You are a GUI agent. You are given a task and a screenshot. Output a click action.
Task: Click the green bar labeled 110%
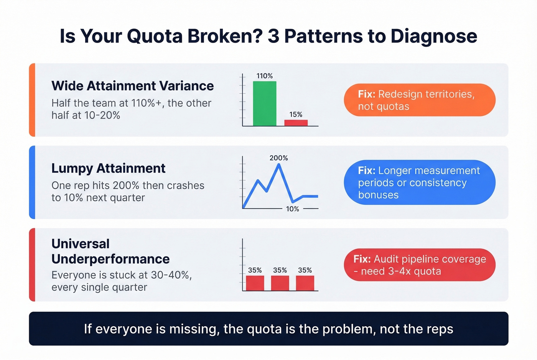265,104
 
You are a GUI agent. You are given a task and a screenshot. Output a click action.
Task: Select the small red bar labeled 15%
296,123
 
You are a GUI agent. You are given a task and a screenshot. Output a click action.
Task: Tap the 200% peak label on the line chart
278,158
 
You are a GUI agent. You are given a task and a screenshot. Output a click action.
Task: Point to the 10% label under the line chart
292,209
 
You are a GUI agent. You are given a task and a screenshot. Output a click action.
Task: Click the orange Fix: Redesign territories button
419,100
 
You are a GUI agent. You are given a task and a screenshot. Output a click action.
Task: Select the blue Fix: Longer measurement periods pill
419,182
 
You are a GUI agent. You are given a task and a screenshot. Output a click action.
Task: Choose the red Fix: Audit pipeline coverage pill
419,265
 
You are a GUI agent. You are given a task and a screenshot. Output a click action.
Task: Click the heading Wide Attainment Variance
132,86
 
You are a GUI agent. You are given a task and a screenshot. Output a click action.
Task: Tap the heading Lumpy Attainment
108,168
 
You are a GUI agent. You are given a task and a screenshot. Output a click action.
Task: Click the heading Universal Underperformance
110,252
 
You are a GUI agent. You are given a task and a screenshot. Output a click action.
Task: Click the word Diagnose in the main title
434,36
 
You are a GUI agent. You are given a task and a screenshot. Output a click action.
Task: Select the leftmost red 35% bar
255,283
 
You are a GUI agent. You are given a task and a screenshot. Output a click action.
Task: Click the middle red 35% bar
280,283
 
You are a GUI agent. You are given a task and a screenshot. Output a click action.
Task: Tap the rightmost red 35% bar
305,283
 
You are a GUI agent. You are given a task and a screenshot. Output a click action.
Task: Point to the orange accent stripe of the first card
32,100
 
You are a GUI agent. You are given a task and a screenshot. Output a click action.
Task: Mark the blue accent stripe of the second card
32,182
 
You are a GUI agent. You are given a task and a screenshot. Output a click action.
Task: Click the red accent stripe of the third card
32,265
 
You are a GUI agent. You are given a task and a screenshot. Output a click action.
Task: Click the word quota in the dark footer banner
264,329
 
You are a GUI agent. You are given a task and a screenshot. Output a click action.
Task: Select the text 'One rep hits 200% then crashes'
128,186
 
